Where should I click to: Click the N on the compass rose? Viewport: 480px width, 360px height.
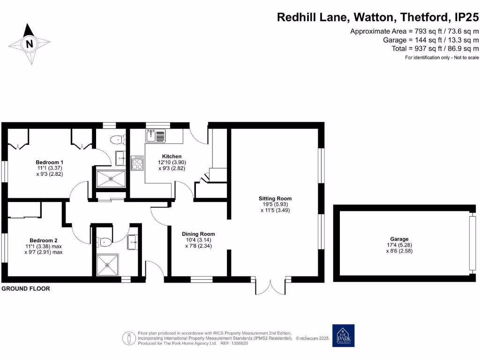pyautogui.click(x=30, y=45)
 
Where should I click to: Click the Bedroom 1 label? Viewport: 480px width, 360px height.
pyautogui.click(x=49, y=162)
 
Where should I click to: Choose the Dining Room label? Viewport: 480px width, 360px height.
pyautogui.click(x=199, y=234)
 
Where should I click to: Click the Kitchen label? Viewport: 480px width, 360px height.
pyautogui.click(x=172, y=157)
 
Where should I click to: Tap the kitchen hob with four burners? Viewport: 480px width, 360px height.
pyautogui.click(x=137, y=164)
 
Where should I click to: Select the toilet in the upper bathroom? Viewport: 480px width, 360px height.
pyautogui.click(x=116, y=140)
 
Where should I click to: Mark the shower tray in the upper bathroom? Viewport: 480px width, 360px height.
pyautogui.click(x=111, y=179)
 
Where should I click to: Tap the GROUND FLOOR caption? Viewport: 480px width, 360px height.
pyautogui.click(x=26, y=289)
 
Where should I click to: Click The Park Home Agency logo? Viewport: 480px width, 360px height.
pyautogui.click(x=343, y=336)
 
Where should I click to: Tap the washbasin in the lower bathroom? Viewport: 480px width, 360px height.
pyautogui.click(x=133, y=242)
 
